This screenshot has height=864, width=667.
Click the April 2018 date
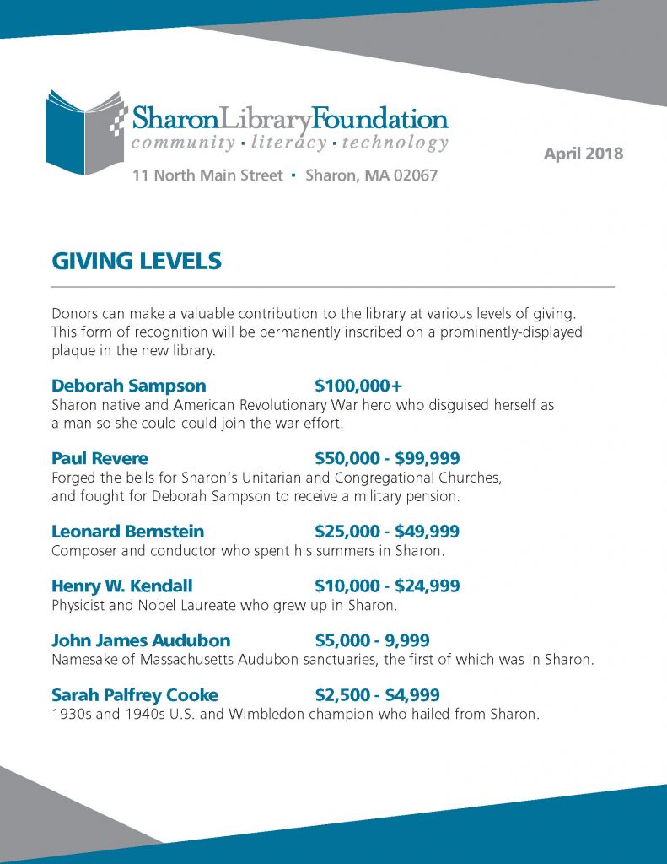(584, 154)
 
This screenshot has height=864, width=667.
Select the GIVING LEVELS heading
(137, 262)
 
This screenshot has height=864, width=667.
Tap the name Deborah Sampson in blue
(128, 386)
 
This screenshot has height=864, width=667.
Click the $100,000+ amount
(358, 386)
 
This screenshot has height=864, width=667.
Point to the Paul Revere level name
(100, 458)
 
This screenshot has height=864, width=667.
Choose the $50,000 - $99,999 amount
(387, 458)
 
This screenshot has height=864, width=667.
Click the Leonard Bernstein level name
(127, 532)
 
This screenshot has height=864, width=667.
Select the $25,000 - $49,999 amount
(387, 532)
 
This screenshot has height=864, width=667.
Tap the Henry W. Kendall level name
(121, 586)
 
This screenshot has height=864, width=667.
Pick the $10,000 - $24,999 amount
(387, 586)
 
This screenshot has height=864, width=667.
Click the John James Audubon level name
(141, 640)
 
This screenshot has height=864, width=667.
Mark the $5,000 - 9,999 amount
(372, 640)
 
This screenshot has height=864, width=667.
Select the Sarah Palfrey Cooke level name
(135, 695)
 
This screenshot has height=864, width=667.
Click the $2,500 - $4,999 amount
(377, 695)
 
